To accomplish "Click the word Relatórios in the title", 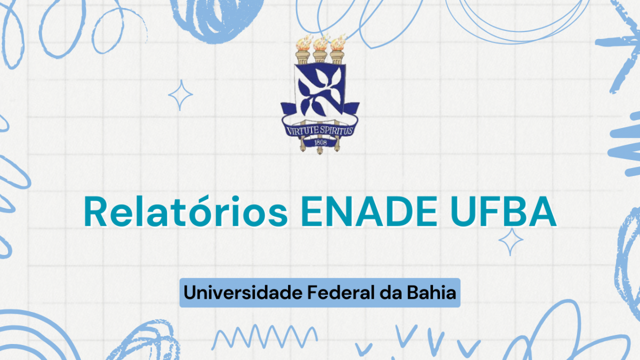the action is coord(186,211).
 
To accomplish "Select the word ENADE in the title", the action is coord(369,212).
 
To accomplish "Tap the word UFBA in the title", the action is coord(503,212).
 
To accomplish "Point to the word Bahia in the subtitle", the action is coord(431,293).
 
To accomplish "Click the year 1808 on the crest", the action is coord(321,142).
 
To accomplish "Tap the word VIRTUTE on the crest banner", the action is coord(302,131).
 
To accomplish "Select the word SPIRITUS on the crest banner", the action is coord(337,130).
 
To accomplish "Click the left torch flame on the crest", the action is coord(303,43).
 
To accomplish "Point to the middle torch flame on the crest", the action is coord(321,43).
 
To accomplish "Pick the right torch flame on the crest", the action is coord(338,43).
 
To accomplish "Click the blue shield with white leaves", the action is coord(321,89).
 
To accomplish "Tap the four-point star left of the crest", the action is coord(180,95).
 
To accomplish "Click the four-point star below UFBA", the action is coord(511,241).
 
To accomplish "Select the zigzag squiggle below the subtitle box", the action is coord(265,337).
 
